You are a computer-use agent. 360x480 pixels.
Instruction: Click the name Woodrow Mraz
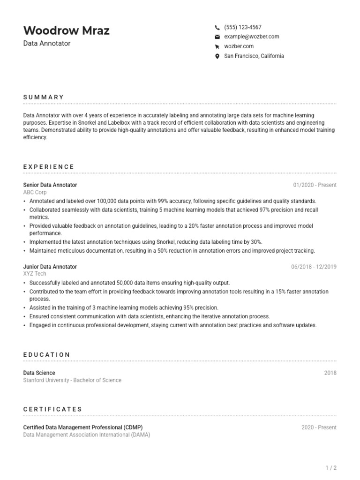click(x=66, y=31)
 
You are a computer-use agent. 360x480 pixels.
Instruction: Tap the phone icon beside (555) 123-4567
click(x=217, y=28)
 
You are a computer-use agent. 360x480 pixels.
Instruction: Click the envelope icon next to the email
click(x=217, y=37)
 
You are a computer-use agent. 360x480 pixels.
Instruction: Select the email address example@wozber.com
click(x=251, y=37)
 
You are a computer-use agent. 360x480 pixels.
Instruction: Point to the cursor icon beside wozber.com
click(x=217, y=46)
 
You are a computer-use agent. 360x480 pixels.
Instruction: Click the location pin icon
click(x=217, y=56)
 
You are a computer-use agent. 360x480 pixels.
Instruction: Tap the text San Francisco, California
click(x=254, y=56)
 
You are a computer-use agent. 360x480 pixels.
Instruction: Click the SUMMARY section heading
click(x=44, y=97)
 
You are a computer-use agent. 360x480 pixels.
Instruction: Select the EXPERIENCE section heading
click(x=49, y=166)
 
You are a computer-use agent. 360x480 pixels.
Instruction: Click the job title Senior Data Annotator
click(x=50, y=185)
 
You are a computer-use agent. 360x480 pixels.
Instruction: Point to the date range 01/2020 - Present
click(x=315, y=185)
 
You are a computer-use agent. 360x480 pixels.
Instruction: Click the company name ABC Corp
click(x=35, y=192)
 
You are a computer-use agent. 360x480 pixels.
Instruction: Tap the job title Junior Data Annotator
click(x=50, y=267)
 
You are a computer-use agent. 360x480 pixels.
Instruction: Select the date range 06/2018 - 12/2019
click(x=314, y=267)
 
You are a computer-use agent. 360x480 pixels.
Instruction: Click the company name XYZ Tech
click(x=35, y=274)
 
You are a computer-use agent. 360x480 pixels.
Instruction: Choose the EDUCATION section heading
click(x=47, y=355)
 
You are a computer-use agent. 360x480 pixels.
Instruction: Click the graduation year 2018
click(x=330, y=373)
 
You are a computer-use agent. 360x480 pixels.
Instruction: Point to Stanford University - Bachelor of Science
click(x=72, y=380)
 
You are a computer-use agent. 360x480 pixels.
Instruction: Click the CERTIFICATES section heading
click(x=52, y=409)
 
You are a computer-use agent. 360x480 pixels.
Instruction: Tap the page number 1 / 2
click(x=331, y=468)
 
